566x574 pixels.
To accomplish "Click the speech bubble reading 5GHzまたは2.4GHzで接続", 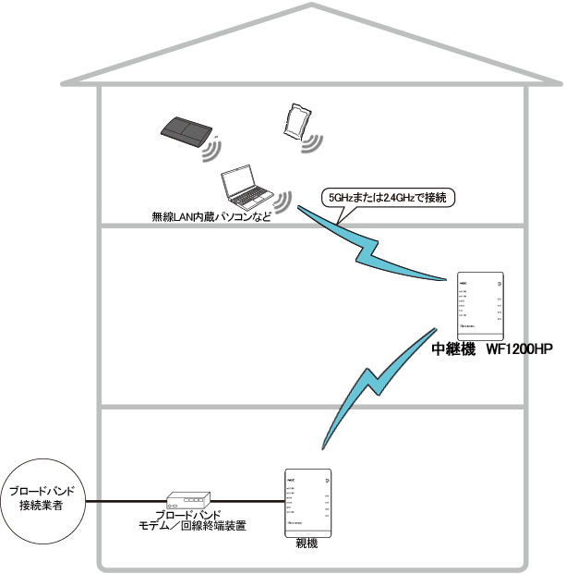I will [x=387, y=197].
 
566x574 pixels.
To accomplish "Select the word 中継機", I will [x=453, y=351].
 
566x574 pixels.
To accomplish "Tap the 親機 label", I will [x=307, y=544].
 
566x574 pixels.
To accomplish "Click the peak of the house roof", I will [x=313, y=6].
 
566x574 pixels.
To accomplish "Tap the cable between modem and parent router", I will [x=250, y=503].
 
